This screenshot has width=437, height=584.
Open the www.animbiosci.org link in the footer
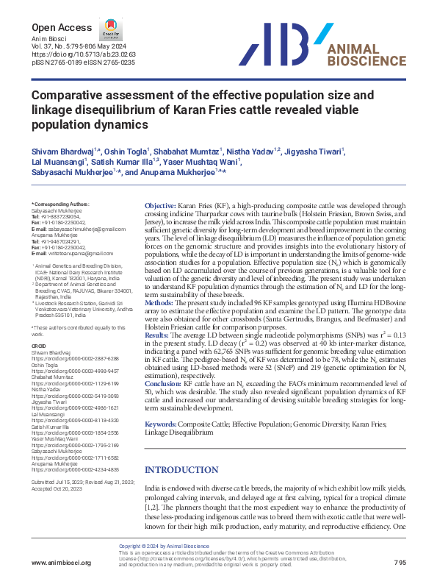pos(61,563)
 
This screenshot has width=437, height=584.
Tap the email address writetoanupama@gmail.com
pos(72,253)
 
